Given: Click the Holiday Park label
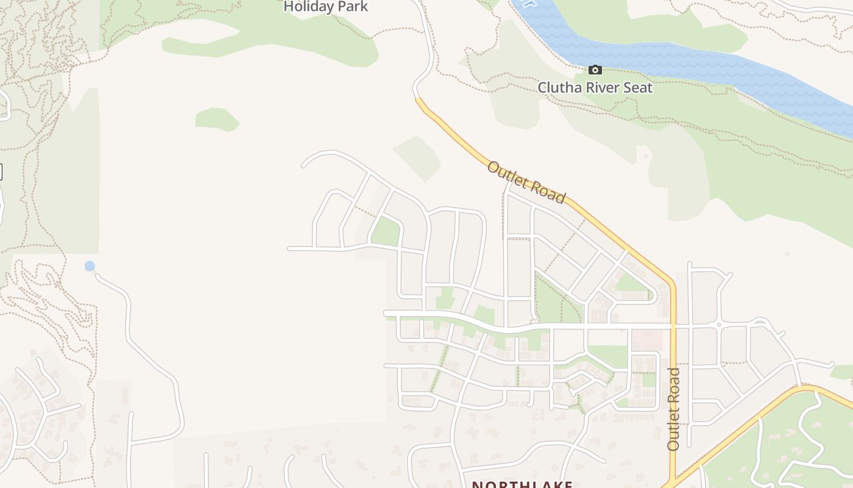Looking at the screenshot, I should [326, 7].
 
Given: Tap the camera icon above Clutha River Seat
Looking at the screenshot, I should [595, 70].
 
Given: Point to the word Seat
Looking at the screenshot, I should [638, 88].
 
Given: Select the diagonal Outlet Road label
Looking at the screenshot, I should [526, 181].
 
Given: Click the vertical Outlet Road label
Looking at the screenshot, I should [673, 409].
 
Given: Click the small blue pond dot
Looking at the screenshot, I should [90, 266].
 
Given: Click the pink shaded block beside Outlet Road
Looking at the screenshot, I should [646, 339].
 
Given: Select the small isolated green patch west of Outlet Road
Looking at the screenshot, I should [216, 119].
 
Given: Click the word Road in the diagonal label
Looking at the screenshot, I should [549, 192].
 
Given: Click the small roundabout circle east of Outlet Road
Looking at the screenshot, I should [719, 325].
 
